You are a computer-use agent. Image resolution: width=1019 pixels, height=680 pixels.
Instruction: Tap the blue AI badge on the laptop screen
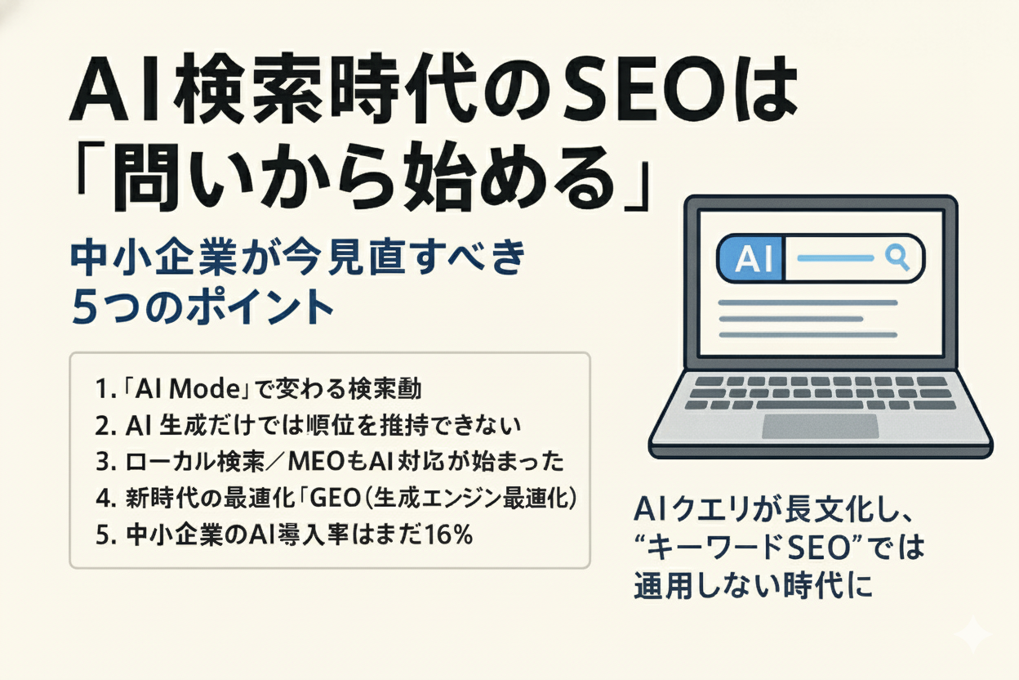point(749,259)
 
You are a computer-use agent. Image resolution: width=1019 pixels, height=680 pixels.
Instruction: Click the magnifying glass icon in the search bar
point(897,257)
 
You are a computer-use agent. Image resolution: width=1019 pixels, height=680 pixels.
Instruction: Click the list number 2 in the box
point(102,426)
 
